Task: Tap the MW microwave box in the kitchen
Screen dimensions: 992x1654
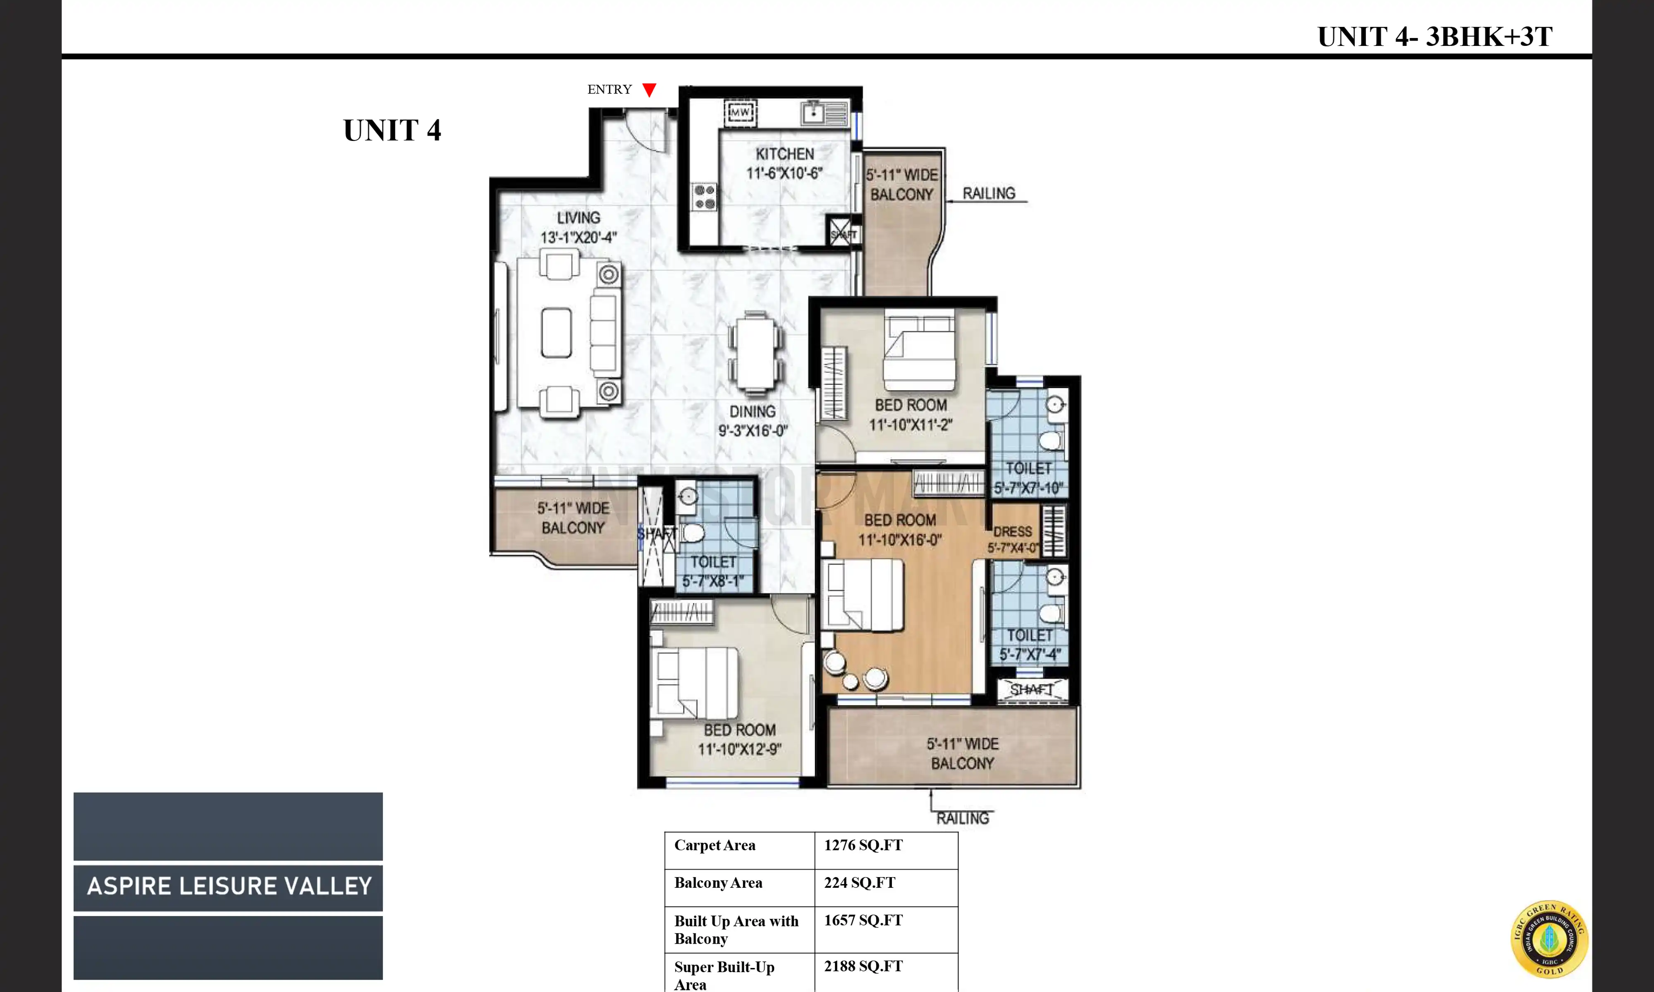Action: click(x=740, y=112)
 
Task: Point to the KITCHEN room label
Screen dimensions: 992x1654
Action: click(x=784, y=154)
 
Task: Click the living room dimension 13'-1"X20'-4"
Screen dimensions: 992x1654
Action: click(x=578, y=237)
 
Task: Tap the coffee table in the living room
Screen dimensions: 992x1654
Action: click(x=556, y=333)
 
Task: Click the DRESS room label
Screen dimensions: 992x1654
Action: click(x=1012, y=532)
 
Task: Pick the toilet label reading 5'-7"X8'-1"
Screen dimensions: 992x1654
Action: click(x=713, y=581)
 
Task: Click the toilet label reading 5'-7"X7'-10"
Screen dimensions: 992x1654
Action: click(x=1028, y=488)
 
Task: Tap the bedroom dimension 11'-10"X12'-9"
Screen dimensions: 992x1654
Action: click(x=739, y=749)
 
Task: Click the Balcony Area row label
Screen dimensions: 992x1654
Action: click(x=718, y=882)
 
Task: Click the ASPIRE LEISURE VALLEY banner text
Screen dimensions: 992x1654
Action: click(x=229, y=886)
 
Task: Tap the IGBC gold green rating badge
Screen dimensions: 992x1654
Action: click(x=1549, y=939)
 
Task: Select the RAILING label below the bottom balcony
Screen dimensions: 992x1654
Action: click(x=962, y=818)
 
